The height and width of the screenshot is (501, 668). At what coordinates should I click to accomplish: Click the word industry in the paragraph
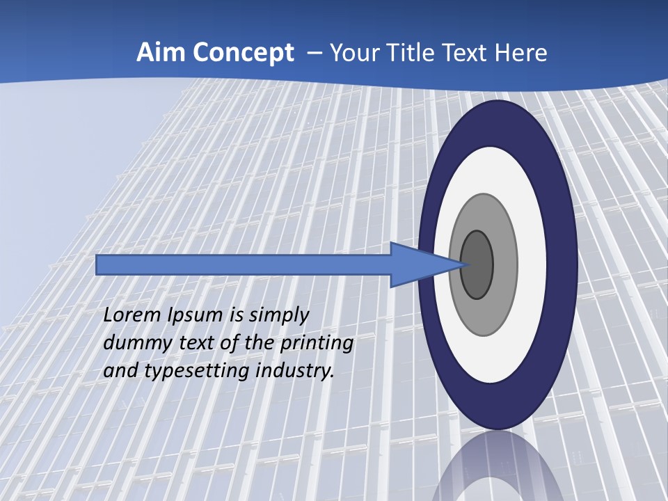(x=295, y=372)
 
